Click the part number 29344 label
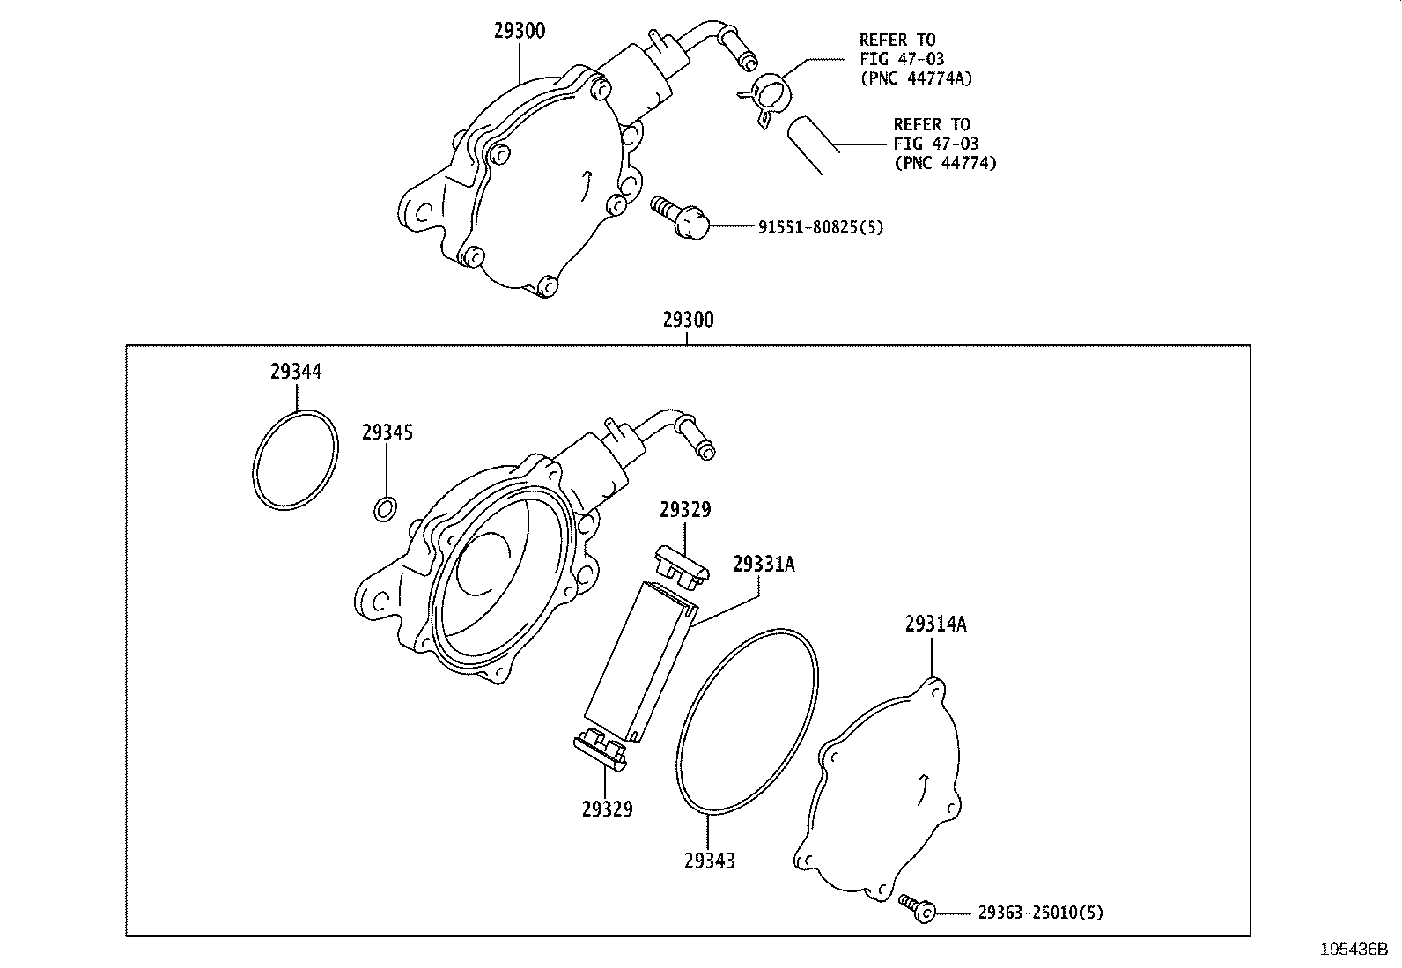tap(296, 372)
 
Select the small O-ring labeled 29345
tap(385, 508)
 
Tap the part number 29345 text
tap(387, 432)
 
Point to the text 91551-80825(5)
tap(821, 227)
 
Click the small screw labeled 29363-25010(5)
tap(917, 908)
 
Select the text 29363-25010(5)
tap(1040, 913)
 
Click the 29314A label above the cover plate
tap(935, 624)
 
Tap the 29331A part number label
tap(764, 564)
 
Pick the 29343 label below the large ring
tap(709, 861)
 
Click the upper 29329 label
tap(685, 510)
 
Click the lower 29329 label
tap(607, 809)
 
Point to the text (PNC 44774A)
tap(917, 78)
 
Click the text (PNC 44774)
tap(945, 163)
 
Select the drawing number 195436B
tap(1354, 950)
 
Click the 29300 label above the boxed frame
tap(689, 320)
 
